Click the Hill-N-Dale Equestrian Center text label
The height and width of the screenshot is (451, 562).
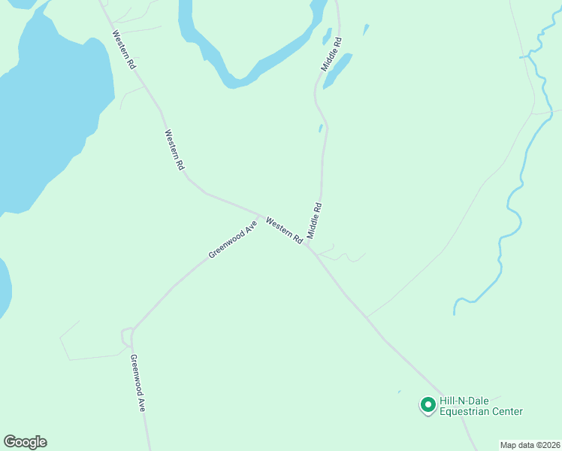coord(481,406)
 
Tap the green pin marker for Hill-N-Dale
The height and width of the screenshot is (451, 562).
coord(428,405)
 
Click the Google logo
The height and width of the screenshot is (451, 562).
coord(25,442)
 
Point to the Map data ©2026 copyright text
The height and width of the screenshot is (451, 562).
coord(530,445)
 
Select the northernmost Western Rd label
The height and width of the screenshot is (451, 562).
coord(125,50)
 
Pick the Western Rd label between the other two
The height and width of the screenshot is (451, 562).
coord(174,150)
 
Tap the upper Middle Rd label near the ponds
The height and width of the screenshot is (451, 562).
coord(332,54)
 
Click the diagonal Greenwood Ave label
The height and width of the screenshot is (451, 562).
coord(233,239)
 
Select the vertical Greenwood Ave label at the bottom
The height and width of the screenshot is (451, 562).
coord(137,383)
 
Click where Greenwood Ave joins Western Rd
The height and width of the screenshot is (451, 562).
coord(260,215)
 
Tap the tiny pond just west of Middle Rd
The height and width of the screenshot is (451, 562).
coord(321,129)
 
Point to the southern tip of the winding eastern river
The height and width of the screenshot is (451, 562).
coord(455,310)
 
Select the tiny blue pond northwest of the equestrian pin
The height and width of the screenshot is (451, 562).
coord(399,391)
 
